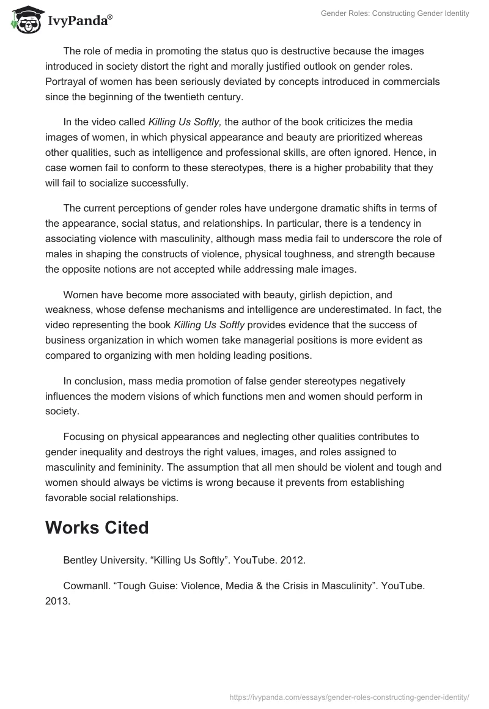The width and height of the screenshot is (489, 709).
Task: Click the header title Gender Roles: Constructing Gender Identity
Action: click(395, 13)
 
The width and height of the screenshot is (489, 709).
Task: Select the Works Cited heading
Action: click(97, 527)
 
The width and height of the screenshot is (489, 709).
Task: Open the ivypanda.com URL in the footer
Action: click(348, 696)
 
